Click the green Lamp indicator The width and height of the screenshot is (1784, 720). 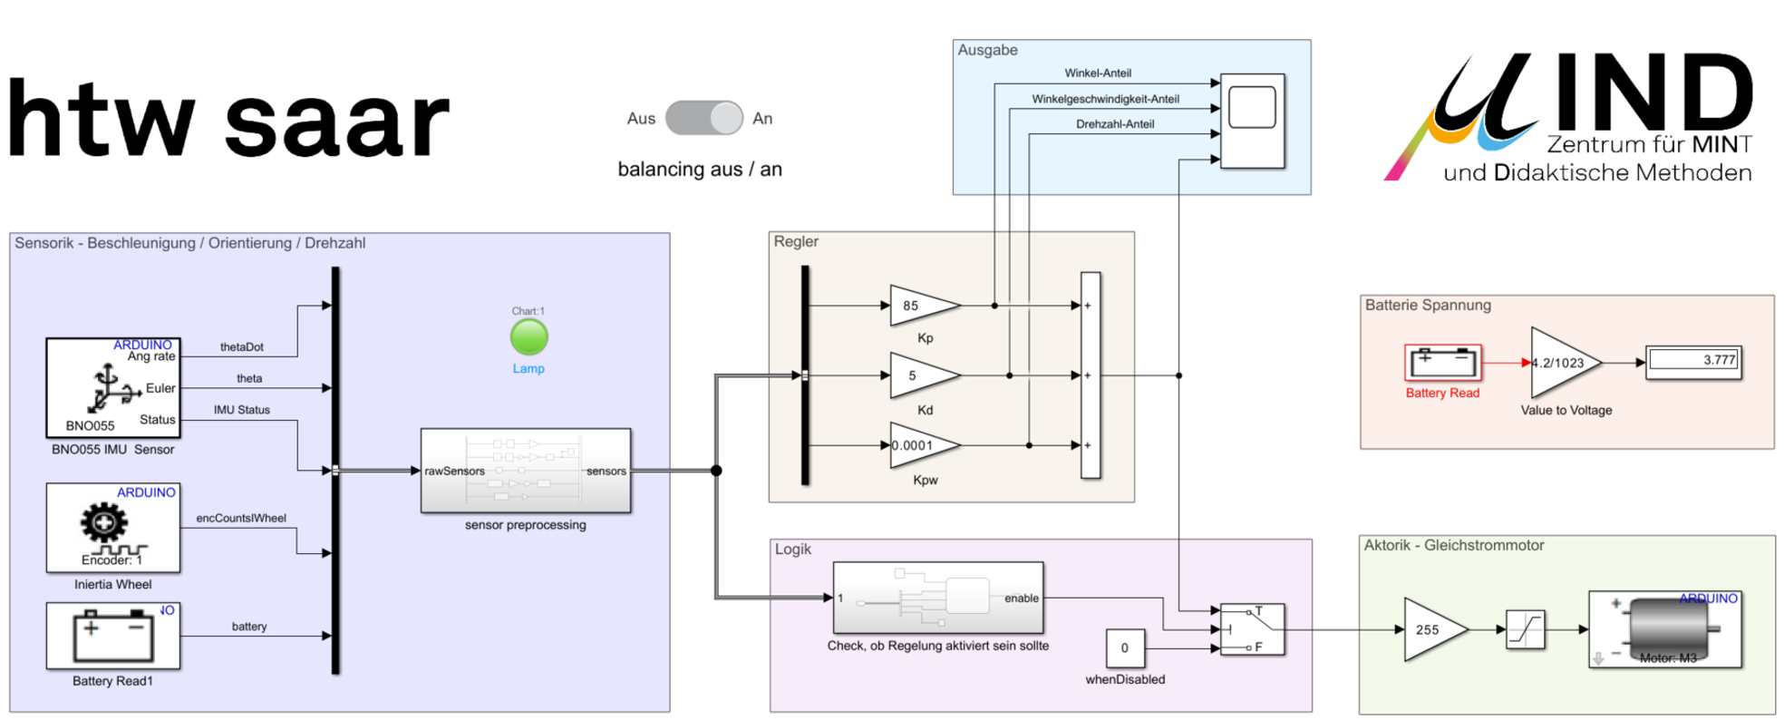click(528, 337)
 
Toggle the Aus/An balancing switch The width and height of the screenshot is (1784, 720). click(703, 118)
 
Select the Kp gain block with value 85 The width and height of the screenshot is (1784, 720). click(920, 306)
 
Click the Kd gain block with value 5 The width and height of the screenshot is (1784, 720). click(920, 375)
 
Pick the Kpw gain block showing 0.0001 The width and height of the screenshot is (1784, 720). click(920, 445)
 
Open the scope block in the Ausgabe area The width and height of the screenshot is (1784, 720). click(1252, 121)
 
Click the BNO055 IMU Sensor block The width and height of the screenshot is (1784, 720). click(113, 388)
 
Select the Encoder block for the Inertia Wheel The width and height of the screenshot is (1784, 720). click(113, 528)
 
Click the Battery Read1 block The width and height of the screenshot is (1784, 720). click(113, 637)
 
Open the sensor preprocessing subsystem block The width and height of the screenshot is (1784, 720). click(526, 471)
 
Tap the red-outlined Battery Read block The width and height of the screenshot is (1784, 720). click(1442, 363)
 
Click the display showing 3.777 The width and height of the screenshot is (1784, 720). click(1693, 361)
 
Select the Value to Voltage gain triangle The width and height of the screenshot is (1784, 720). click(1561, 363)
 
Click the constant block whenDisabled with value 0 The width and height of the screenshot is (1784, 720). click(1125, 648)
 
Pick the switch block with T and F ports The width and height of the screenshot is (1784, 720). click(1252, 629)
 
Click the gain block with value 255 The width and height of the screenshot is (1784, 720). click(1431, 629)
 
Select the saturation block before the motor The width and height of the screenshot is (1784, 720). click(1525, 629)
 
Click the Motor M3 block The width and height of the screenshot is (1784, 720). click(1664, 629)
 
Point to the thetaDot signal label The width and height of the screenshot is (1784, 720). click(242, 347)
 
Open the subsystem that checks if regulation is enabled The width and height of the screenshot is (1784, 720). click(937, 598)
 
